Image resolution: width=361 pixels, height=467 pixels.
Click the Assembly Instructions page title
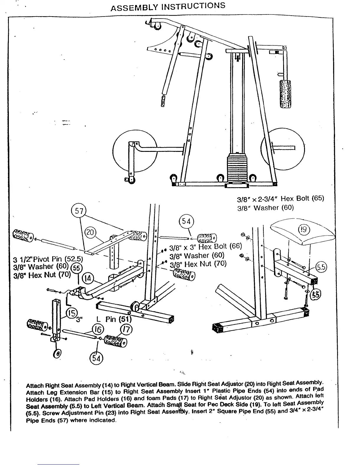168,7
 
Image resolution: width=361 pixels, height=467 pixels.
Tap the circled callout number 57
79,211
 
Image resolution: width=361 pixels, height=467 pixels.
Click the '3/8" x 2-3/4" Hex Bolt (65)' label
280,198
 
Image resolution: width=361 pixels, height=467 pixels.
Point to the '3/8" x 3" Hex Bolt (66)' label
206,246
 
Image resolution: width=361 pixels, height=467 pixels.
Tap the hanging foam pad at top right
285,94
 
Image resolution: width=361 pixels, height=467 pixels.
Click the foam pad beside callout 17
116,341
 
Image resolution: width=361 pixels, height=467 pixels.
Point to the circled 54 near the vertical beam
186,221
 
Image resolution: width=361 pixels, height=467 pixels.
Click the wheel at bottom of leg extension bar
57,353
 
